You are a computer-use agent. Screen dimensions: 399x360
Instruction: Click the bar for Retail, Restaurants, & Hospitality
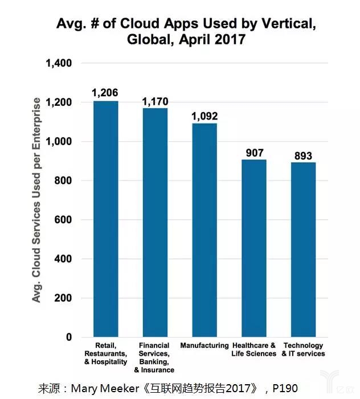106,219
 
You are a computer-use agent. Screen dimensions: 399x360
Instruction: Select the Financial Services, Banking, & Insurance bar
155,223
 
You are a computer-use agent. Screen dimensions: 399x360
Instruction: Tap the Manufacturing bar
204,230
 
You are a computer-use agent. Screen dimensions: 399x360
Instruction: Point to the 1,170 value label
155,101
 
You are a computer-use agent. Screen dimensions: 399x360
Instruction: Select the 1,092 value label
204,116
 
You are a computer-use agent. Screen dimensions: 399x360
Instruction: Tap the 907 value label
253,153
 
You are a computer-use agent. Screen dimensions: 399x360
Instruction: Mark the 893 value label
303,155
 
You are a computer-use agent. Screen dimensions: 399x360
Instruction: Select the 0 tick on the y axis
68,337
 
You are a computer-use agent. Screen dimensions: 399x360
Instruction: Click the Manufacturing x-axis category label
204,345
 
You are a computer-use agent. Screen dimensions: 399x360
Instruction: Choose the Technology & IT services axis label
303,349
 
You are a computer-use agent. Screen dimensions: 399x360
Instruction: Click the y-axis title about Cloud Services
36,200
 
